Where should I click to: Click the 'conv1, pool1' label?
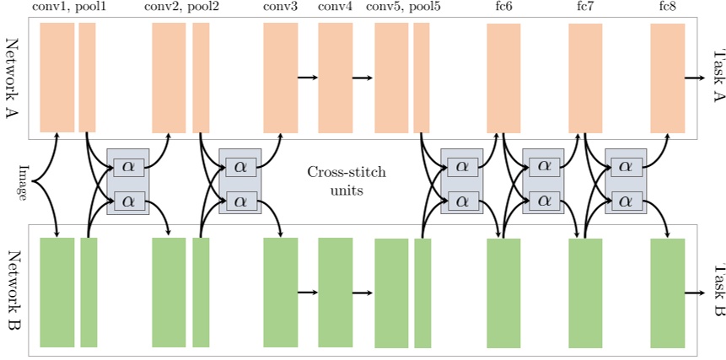tap(68, 8)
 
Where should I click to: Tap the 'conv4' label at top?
tap(334, 8)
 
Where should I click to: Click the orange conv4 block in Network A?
tap(335, 78)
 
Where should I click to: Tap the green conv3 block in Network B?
tap(280, 293)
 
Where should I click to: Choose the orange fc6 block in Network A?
tap(503, 78)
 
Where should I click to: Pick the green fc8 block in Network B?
tap(667, 293)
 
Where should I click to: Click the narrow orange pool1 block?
tap(87, 78)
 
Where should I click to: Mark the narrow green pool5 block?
tap(422, 293)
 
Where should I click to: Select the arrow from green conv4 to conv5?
tap(362, 293)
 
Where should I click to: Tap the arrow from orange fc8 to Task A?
tap(694, 78)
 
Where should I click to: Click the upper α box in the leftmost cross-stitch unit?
tap(128, 165)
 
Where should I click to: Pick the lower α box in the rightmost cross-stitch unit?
tap(625, 201)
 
